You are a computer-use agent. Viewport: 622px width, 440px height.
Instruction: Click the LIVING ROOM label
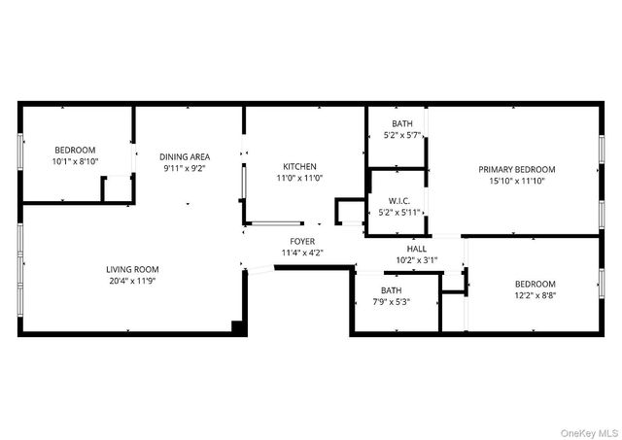(132, 269)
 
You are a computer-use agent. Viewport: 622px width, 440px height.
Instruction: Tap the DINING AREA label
(185, 156)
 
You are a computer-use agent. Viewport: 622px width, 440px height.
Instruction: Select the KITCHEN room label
(299, 166)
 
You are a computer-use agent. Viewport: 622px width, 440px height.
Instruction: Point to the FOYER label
(302, 241)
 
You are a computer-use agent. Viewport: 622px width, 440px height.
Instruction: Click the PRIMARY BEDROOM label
(516, 169)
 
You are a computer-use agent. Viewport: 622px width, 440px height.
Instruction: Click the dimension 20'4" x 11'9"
(132, 281)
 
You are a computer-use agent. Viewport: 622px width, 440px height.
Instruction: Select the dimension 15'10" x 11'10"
(516, 181)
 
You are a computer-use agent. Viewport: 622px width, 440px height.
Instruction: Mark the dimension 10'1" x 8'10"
(75, 161)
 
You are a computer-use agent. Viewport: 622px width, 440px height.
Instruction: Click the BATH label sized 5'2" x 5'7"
(401, 124)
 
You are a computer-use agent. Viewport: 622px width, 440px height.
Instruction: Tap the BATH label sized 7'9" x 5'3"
(391, 290)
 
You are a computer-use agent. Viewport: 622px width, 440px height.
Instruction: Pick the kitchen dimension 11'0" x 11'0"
(299, 179)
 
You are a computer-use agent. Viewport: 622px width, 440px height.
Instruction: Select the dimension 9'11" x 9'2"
(185, 168)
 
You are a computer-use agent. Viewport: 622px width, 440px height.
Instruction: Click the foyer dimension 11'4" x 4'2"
(302, 253)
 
